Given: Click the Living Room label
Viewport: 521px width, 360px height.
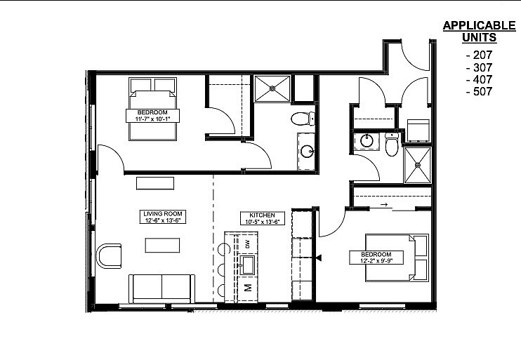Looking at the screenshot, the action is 162,217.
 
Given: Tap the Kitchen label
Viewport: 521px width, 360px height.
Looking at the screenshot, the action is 263,218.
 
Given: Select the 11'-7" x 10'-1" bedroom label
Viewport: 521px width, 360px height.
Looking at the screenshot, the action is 152,116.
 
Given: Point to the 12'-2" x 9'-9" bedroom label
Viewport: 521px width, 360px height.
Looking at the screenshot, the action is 376,258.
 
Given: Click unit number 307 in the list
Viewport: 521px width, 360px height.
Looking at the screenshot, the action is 479,67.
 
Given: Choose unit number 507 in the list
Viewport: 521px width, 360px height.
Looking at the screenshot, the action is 479,91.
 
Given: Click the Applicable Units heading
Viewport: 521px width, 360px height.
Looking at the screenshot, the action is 479,31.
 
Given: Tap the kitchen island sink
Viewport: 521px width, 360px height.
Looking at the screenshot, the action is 248,265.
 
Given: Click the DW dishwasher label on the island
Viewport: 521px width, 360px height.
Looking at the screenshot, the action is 248,246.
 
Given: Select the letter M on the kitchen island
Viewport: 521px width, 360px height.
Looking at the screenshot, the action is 248,288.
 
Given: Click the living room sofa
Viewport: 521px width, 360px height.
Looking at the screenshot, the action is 161,288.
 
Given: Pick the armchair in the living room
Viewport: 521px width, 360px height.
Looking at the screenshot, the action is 109,255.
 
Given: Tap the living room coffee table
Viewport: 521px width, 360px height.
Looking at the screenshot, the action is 162,245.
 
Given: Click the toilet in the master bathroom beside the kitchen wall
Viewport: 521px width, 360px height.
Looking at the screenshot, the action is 303,119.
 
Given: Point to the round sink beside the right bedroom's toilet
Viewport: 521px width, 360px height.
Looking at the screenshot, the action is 367,141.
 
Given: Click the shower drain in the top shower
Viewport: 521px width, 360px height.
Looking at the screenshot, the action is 272,88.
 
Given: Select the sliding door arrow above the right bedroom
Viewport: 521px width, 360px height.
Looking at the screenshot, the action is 384,205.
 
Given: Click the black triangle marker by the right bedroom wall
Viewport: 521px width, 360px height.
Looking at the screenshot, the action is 319,258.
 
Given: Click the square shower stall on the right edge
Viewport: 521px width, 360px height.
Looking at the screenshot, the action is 417,165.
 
